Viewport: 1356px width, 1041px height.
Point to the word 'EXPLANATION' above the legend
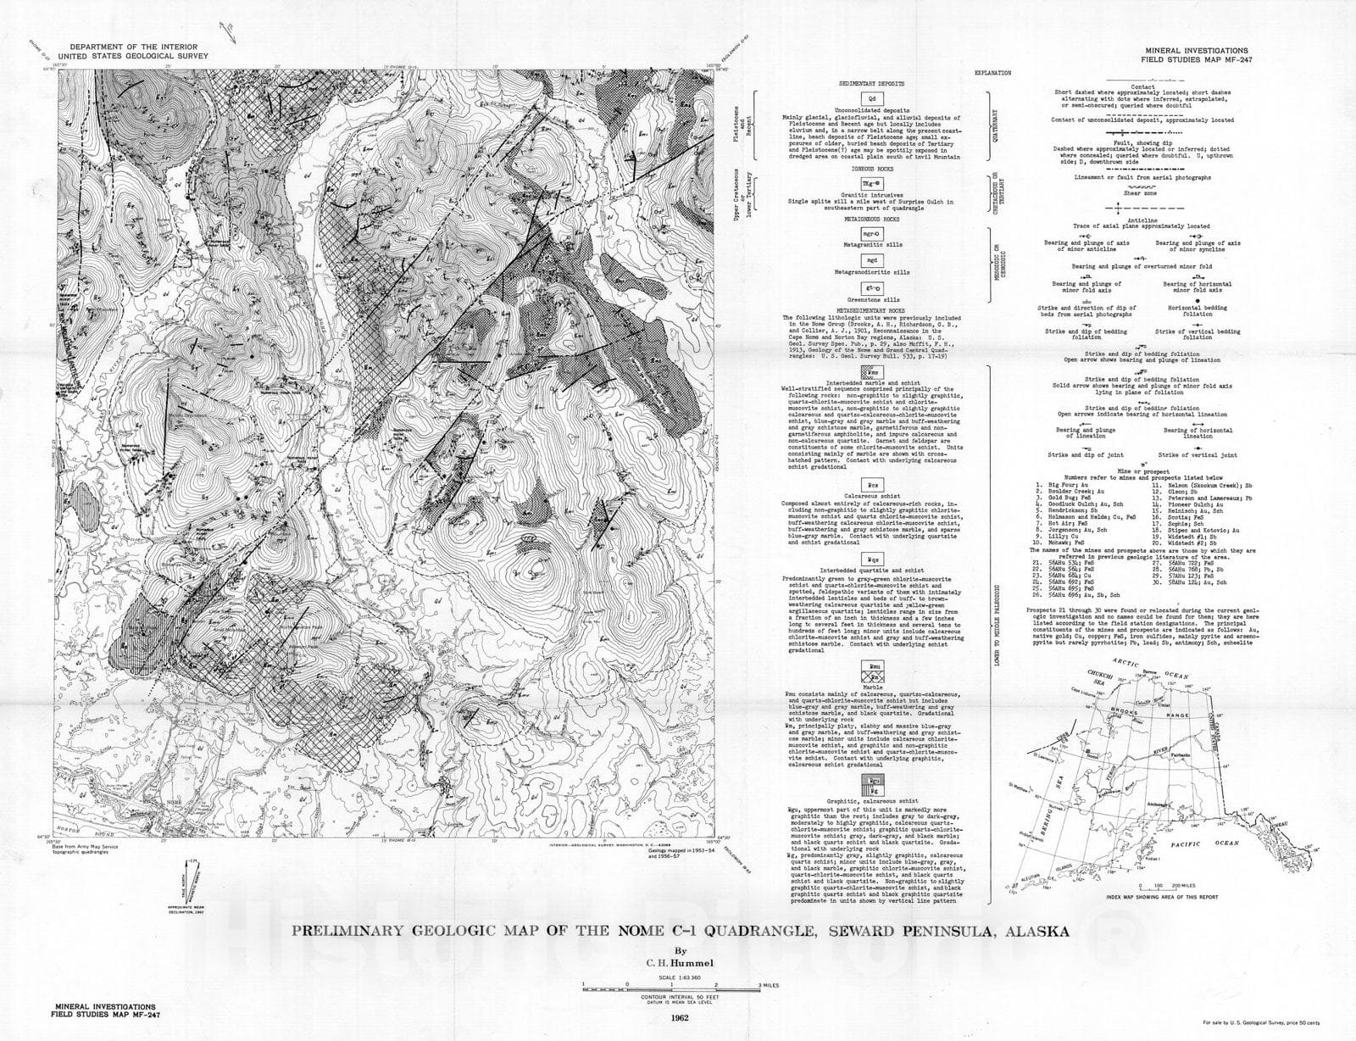pyautogui.click(x=992, y=73)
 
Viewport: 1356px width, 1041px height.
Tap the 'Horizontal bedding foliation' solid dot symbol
pyautogui.click(x=1197, y=300)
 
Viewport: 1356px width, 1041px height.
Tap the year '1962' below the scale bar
pyautogui.click(x=677, y=1018)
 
